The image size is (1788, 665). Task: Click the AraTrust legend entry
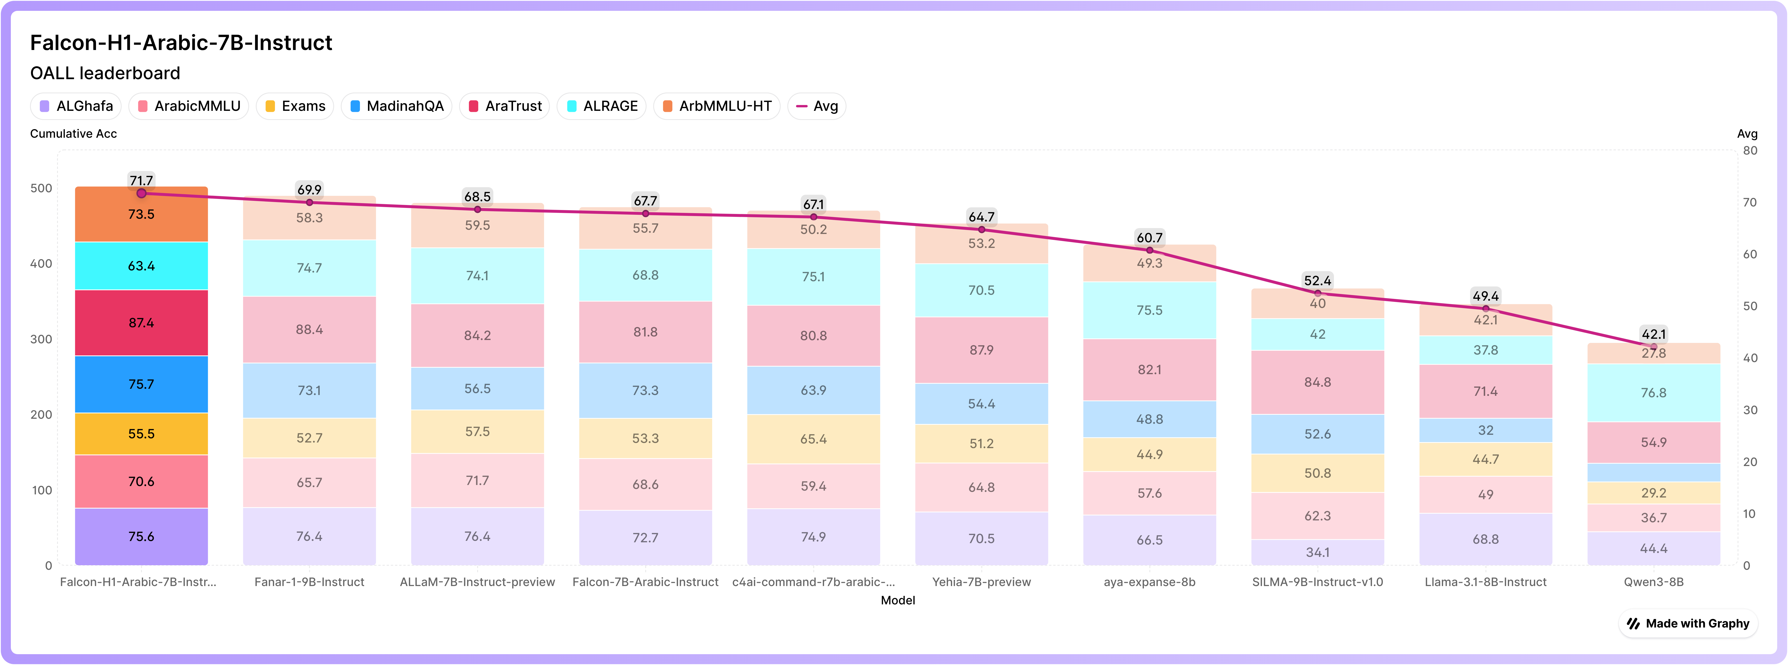coord(505,106)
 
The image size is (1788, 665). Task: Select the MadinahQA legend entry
coord(396,106)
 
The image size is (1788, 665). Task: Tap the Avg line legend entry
coord(817,106)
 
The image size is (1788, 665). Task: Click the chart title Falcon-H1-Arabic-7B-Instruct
coord(181,43)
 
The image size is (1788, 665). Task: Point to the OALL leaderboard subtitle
coord(105,73)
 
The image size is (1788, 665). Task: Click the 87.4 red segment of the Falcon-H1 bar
coord(142,323)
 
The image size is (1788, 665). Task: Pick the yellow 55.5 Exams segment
coord(142,434)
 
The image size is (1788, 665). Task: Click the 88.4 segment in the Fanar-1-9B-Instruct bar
coord(310,330)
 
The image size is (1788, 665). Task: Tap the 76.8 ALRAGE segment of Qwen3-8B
coord(1654,393)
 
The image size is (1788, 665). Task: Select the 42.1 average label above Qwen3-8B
coord(1654,334)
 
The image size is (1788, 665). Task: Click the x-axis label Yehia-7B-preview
coord(981,582)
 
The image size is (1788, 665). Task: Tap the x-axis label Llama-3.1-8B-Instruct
coord(1486,582)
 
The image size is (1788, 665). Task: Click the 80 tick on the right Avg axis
coord(1751,151)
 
